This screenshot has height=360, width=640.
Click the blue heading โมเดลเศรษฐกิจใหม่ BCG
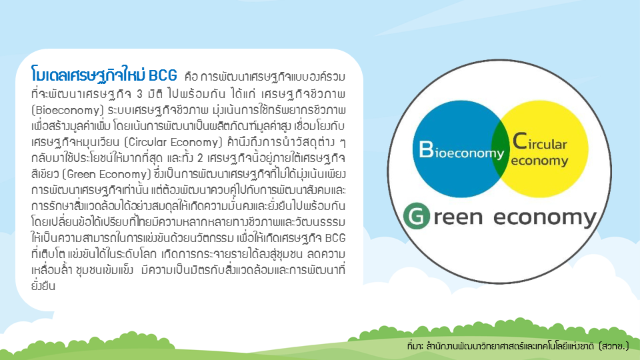point(104,75)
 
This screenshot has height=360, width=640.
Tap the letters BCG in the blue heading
point(163,76)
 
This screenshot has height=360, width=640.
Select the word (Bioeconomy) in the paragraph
point(68,110)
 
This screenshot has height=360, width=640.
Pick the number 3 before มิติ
point(139,94)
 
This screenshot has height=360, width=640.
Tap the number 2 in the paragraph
point(201,159)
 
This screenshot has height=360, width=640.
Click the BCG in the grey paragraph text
point(335,238)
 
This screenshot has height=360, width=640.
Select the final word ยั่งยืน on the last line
point(43,285)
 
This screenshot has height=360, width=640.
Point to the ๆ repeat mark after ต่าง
point(343,143)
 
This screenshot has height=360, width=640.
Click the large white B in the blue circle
point(426,149)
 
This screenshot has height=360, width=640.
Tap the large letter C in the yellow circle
point(520,141)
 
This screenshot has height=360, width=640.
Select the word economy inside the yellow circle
point(539,161)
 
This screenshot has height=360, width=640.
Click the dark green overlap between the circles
point(501,149)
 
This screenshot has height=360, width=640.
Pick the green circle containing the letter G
point(416,216)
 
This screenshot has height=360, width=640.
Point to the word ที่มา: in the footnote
point(415,346)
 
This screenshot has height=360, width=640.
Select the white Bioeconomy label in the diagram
point(461,150)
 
